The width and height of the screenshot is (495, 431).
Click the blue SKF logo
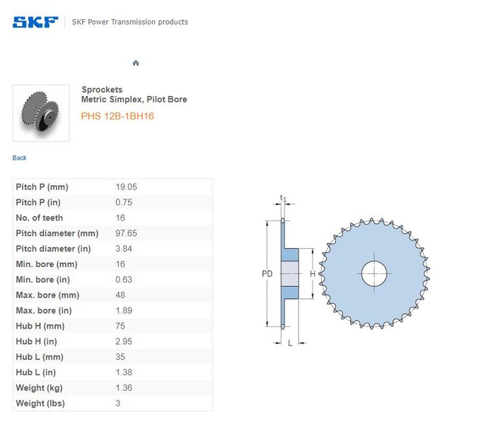click(x=35, y=22)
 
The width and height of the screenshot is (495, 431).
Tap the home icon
click(x=136, y=63)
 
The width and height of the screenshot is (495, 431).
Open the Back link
click(x=19, y=158)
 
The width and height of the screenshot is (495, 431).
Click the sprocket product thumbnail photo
click(x=41, y=113)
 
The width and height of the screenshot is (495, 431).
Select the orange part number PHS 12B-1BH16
click(x=117, y=116)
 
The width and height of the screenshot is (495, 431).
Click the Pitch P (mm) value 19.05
click(x=127, y=187)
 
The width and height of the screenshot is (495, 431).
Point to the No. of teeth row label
click(x=40, y=218)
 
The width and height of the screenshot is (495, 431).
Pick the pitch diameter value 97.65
click(x=127, y=233)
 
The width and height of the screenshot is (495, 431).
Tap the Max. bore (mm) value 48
click(x=120, y=295)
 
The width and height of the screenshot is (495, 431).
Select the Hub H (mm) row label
click(x=40, y=326)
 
